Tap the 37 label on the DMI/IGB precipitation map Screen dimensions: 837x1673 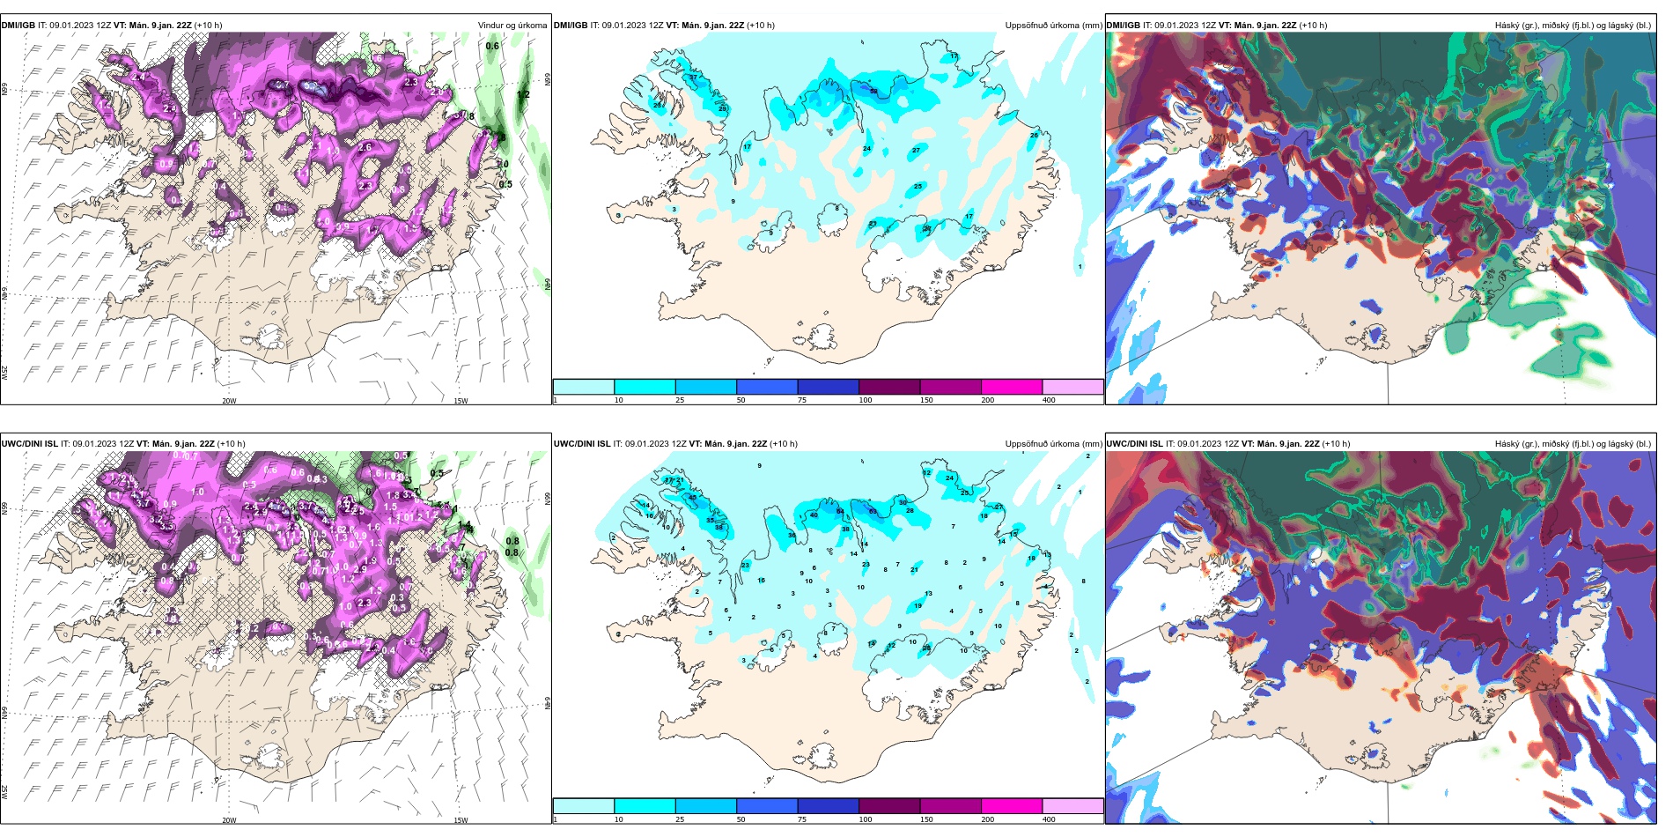coord(693,78)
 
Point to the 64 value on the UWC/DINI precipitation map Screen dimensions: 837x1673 coord(840,511)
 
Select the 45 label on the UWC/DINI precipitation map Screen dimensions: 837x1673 coord(692,498)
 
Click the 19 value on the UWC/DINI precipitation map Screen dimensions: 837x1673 coord(918,606)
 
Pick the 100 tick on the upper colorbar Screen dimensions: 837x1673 coord(866,400)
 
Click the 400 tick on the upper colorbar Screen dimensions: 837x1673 coord(1049,400)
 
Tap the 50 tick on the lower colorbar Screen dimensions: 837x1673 coord(741,819)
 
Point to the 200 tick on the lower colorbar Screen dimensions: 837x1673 coord(987,819)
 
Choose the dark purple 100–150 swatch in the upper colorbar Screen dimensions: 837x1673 coord(889,387)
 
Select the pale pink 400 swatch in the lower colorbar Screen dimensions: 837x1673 coord(1072,806)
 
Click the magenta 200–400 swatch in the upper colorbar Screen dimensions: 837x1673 coord(1012,387)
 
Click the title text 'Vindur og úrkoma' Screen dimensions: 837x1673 coord(512,26)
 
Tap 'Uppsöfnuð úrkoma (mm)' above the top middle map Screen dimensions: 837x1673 coord(1053,26)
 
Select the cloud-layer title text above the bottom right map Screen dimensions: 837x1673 coord(1573,444)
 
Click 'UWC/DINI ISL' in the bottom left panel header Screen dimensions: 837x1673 coord(29,444)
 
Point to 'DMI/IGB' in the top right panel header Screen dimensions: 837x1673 coord(1123,26)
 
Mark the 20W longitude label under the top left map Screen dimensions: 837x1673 coord(229,401)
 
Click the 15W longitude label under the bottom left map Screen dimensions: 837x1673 coord(460,820)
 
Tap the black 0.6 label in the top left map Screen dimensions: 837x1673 coord(492,46)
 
